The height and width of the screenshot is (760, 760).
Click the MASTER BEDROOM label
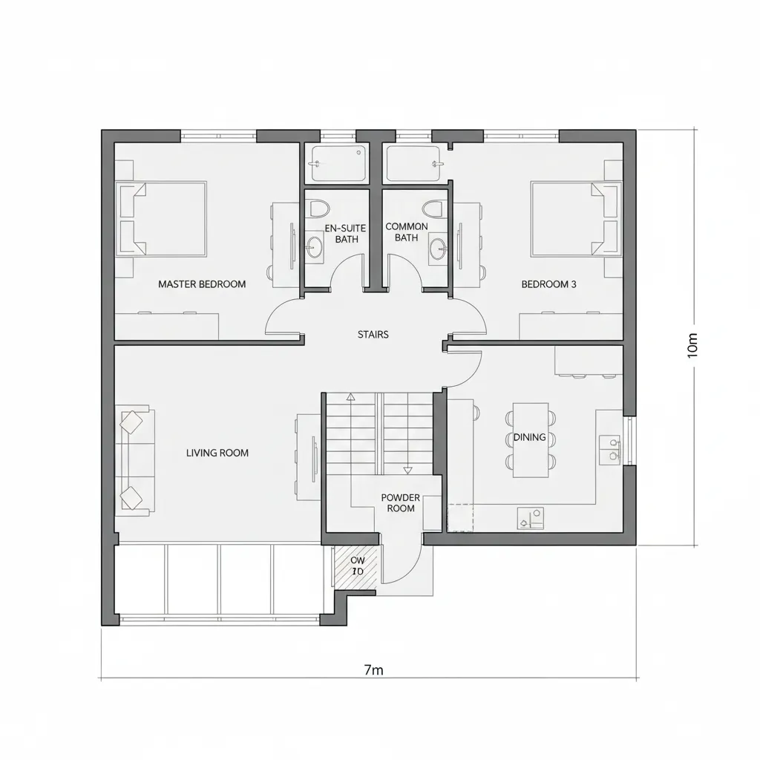(x=202, y=284)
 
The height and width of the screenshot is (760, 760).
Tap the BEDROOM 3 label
(x=548, y=284)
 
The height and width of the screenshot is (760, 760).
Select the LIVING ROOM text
(x=217, y=453)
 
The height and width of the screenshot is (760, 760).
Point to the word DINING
(x=530, y=438)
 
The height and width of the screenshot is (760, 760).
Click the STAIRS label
(x=373, y=335)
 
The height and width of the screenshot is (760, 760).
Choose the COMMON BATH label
(x=407, y=232)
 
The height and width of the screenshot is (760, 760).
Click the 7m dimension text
(x=373, y=670)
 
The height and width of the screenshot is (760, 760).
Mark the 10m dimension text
(x=693, y=345)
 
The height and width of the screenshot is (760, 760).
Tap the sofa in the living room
(x=134, y=460)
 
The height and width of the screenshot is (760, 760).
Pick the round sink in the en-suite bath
(x=315, y=248)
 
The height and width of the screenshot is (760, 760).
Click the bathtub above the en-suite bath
(x=339, y=163)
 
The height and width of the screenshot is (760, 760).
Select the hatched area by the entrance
(x=358, y=568)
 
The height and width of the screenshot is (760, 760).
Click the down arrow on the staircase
(x=407, y=470)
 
